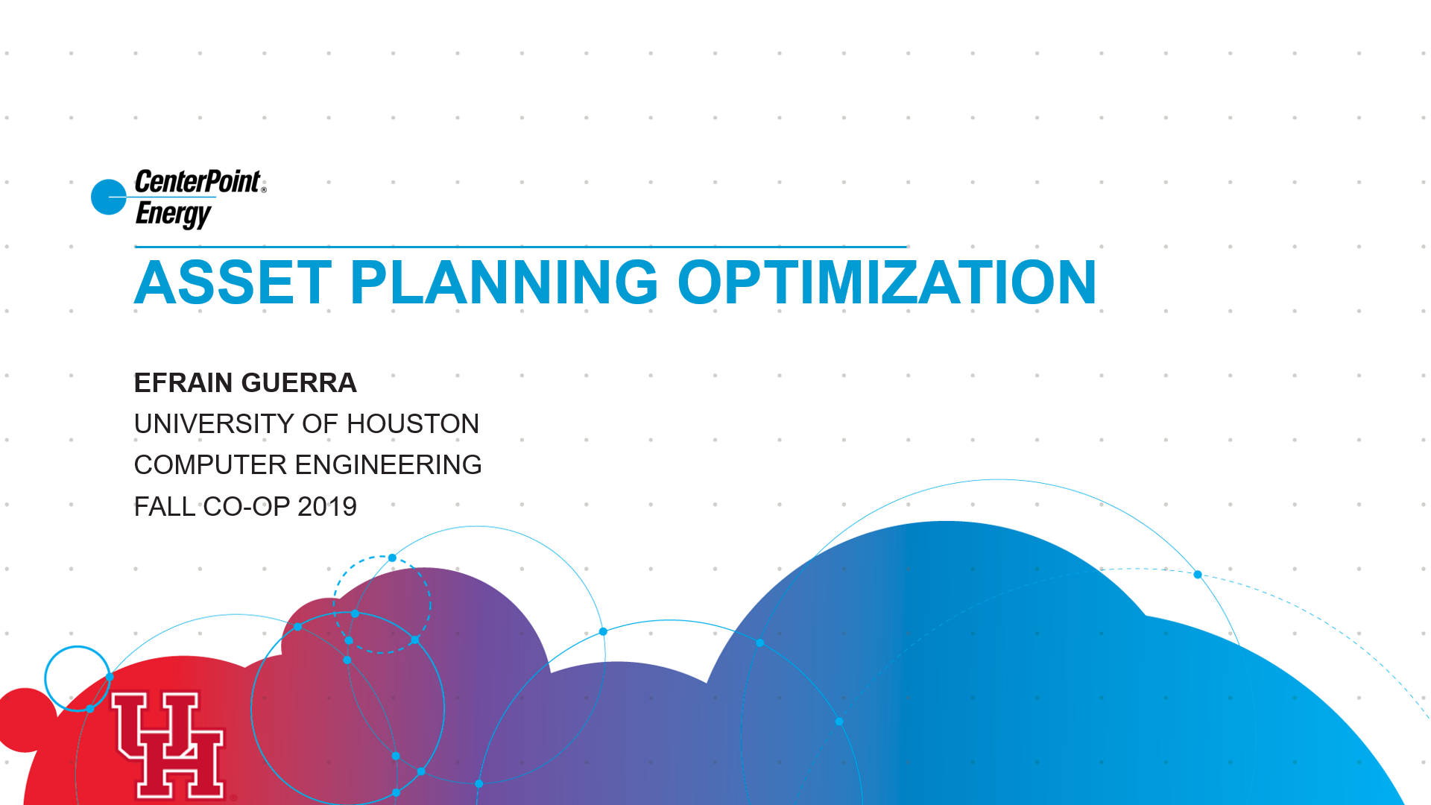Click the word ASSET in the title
coord(233,282)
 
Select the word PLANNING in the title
coord(504,282)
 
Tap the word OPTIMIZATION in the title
coord(887,282)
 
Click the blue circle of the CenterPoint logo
coord(109,197)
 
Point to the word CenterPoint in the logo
coord(198,181)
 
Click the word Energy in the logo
coord(174,214)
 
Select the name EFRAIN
coord(183,383)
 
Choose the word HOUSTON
coord(413,424)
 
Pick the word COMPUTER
coord(211,465)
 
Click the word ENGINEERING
coord(389,465)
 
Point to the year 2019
coord(327,507)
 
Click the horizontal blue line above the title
coord(520,247)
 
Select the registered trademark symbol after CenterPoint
coord(264,190)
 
